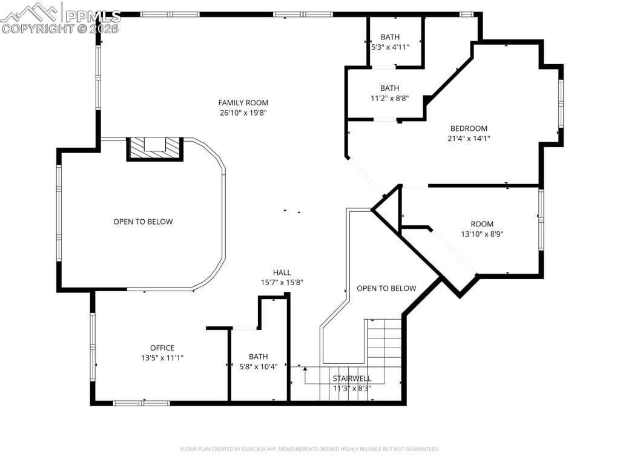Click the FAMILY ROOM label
click(243, 103)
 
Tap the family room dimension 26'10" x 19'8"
click(243, 113)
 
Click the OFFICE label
click(162, 348)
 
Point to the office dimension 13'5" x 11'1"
click(162, 358)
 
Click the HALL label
click(282, 272)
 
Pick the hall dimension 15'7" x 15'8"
click(282, 282)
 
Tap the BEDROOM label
click(469, 128)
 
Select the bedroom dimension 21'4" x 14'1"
click(469, 138)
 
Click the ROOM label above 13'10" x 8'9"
click(482, 224)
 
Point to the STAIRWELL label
click(352, 378)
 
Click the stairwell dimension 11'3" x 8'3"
click(352, 388)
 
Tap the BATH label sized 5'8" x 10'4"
click(258, 357)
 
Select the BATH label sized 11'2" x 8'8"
click(389, 88)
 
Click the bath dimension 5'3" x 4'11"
click(390, 47)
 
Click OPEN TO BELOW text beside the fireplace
click(143, 222)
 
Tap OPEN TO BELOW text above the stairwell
click(386, 288)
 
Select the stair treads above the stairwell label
click(384, 342)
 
